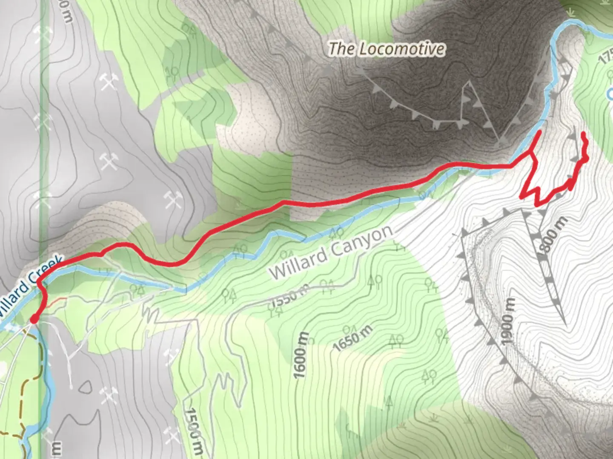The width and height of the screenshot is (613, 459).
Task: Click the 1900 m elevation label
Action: click(507, 322)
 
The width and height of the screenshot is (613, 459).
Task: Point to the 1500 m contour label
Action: click(194, 429)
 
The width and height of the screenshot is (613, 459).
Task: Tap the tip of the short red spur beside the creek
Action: click(540, 133)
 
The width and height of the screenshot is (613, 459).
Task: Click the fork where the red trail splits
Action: click(531, 153)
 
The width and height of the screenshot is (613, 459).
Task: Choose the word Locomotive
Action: click(400, 49)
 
